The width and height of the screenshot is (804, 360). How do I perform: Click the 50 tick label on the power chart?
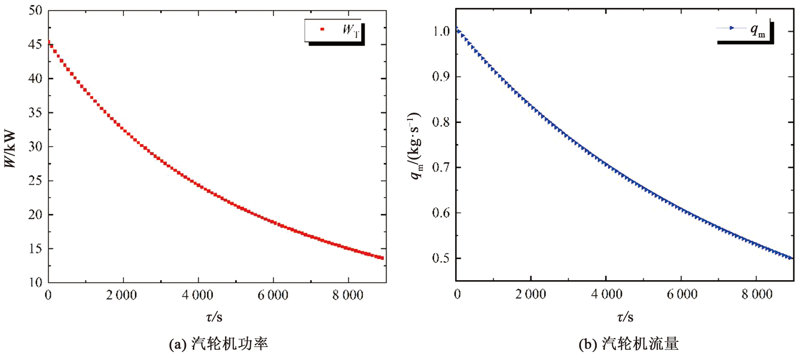pyautogui.click(x=35, y=10)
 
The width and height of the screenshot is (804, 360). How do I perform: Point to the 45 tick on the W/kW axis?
pyautogui.click(x=35, y=44)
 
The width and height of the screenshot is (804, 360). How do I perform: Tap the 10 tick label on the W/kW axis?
pyautogui.click(x=35, y=282)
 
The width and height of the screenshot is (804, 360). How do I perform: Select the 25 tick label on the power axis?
pyautogui.click(x=35, y=181)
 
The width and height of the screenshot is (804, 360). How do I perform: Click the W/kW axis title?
pyautogui.click(x=10, y=149)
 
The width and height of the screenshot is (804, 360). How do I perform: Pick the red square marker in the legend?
pyautogui.click(x=322, y=30)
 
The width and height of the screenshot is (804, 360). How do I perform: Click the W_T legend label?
pyautogui.click(x=351, y=30)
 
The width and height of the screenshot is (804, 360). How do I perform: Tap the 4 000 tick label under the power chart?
pyautogui.click(x=197, y=296)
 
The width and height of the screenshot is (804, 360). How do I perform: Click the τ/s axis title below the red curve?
pyautogui.click(x=214, y=316)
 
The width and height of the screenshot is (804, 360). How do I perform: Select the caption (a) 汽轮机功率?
pyautogui.click(x=218, y=344)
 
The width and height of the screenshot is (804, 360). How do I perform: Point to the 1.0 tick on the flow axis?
pyautogui.click(x=441, y=31)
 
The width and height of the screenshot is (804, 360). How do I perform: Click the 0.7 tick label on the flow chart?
pyautogui.click(x=441, y=168)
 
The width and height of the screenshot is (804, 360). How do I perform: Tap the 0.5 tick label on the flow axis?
pyautogui.click(x=441, y=258)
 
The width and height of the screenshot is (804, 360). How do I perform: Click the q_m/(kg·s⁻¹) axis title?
pyautogui.click(x=416, y=145)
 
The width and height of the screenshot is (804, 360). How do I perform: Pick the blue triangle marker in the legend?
pyautogui.click(x=731, y=28)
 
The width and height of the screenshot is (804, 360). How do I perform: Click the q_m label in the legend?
pyautogui.click(x=757, y=30)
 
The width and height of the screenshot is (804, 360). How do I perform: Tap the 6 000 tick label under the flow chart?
pyautogui.click(x=682, y=295)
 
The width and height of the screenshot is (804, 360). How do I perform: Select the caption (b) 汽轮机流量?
pyautogui.click(x=628, y=344)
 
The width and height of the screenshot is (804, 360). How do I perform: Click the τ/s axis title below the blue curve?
pyautogui.click(x=625, y=316)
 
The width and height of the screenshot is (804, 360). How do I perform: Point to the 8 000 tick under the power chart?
pyautogui.click(x=348, y=296)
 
